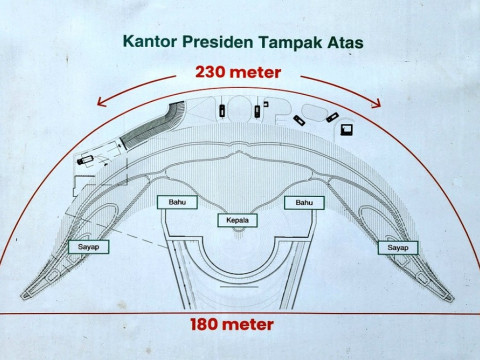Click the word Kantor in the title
point(149,43)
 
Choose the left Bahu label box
point(172,203)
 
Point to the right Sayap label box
point(398,246)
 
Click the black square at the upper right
point(347,128)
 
